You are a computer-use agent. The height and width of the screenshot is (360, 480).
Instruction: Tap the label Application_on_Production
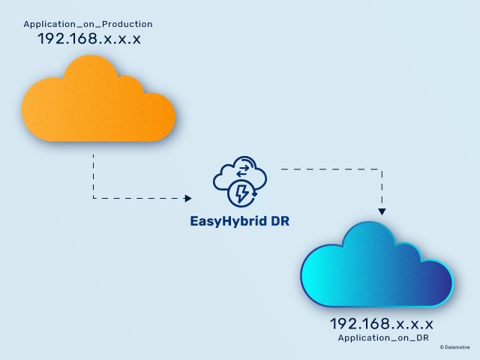coord(88,25)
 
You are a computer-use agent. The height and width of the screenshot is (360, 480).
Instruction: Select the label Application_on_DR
coord(383,338)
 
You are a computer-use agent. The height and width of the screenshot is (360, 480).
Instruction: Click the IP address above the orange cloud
coord(89,39)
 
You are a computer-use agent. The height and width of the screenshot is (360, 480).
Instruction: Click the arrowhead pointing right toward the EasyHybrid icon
coord(187,198)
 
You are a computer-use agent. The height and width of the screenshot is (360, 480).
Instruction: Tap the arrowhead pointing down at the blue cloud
coord(382,211)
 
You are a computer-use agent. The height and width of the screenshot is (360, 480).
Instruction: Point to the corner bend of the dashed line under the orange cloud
coord(93,198)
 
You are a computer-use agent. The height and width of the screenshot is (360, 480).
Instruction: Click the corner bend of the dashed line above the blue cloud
coord(382,169)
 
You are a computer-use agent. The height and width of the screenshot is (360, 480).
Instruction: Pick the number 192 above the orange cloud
coord(52,39)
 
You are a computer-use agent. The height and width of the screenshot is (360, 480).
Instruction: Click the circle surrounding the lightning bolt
coord(229,194)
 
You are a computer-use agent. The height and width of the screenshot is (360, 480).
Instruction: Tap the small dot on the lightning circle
coord(255,194)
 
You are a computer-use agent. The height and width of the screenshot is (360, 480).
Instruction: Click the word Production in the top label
coord(127,25)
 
